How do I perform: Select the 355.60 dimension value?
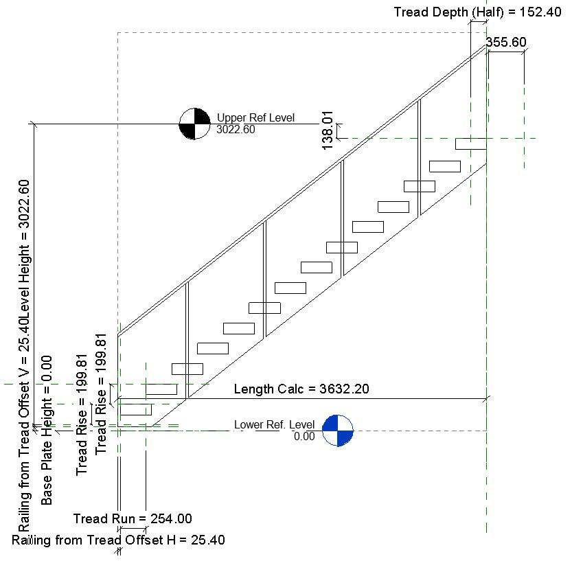pos(506,42)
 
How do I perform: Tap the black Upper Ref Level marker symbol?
pos(194,124)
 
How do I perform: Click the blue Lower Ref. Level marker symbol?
pos(338,431)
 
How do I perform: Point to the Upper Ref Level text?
pos(255,118)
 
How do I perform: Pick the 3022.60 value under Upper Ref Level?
pos(236,129)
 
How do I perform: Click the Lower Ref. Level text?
pos(274,424)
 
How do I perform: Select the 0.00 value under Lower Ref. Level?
pos(304,436)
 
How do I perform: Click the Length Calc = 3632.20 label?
pos(301,389)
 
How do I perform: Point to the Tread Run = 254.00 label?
pos(133,519)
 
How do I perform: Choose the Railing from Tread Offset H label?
pos(118,540)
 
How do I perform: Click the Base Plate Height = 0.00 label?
pos(47,430)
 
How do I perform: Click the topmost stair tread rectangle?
pos(471,144)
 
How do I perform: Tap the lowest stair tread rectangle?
pos(136,410)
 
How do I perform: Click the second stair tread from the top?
pos(445,166)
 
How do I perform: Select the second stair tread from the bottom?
pos(161,389)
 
